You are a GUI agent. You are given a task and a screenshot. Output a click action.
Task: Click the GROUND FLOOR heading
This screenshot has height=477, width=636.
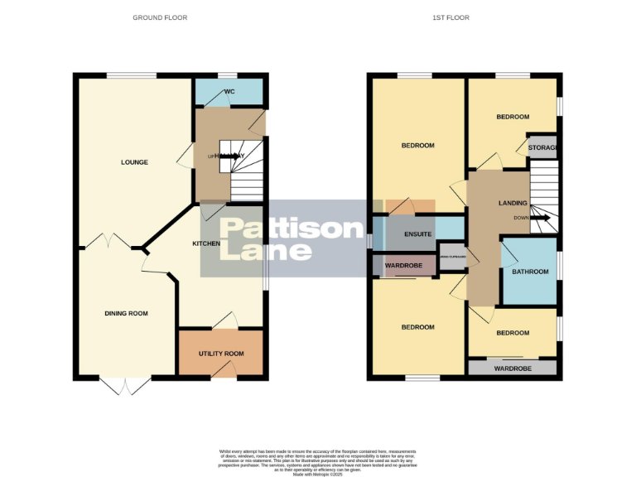click(x=160, y=17)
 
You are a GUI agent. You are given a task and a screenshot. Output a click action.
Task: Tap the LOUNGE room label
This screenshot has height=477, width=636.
click(x=133, y=162)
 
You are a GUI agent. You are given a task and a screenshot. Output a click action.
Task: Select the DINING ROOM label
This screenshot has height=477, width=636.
click(x=126, y=313)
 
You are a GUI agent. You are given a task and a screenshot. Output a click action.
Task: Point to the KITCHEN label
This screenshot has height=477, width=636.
click(x=206, y=243)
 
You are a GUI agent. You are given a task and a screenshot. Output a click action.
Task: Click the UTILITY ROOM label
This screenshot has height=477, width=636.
click(x=221, y=354)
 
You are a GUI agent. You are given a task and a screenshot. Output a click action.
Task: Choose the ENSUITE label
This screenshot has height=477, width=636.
click(x=418, y=234)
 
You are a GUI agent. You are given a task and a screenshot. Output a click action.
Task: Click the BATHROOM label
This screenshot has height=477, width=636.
click(x=530, y=272)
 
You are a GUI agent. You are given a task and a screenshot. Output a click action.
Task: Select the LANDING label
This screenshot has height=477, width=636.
click(x=513, y=203)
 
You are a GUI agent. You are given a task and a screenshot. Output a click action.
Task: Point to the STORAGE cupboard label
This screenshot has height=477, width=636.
click(x=543, y=148)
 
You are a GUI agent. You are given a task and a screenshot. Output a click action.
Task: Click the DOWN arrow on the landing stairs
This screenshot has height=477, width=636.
click(x=540, y=219)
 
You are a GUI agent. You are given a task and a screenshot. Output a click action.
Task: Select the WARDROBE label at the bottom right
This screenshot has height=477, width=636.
click(x=513, y=368)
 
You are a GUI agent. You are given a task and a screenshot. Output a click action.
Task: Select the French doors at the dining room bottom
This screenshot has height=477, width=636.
click(x=125, y=385)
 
